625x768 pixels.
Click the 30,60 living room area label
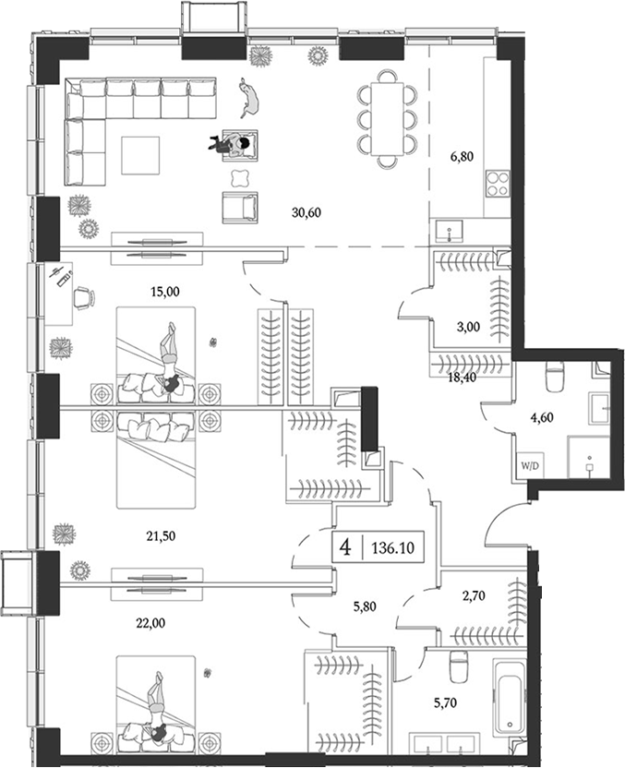[306, 212]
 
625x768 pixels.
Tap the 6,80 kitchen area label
[462, 157]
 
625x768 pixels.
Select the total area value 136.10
[393, 547]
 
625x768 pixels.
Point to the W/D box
[530, 466]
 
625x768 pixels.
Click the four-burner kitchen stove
[498, 183]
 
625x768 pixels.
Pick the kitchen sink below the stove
[449, 230]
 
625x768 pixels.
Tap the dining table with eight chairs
[388, 119]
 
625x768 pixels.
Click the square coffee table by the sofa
[140, 155]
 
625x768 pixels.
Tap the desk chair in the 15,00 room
[84, 298]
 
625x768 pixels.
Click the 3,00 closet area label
[468, 327]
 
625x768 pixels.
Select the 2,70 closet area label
[475, 595]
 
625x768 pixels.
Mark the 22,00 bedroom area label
[150, 623]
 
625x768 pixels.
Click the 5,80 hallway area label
[365, 606]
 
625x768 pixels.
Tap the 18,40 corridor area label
[462, 378]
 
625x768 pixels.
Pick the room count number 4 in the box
[345, 547]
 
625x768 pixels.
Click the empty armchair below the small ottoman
[240, 207]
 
